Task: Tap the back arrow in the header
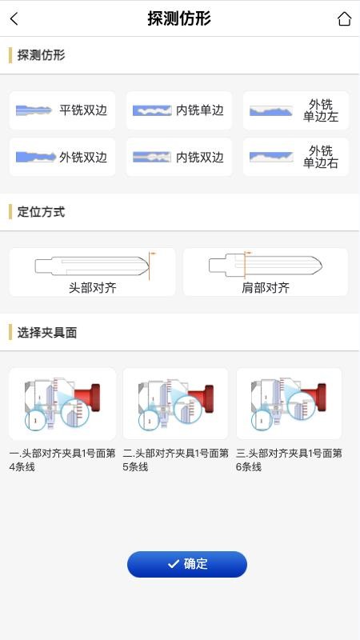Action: point(14,19)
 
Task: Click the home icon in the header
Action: point(344,19)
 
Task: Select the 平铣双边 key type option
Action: point(62,110)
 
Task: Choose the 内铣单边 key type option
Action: point(179,110)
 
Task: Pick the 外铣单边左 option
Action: point(296,110)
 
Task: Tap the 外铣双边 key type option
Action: point(62,157)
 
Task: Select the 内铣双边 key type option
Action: point(179,157)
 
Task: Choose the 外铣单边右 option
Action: point(296,157)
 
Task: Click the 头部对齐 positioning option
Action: point(92,272)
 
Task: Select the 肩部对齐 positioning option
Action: point(266,272)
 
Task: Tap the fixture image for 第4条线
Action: point(62,403)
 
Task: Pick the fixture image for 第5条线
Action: point(176,403)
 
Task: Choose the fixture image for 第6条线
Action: point(289,403)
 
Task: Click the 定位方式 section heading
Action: point(41,212)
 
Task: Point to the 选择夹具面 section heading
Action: point(47,332)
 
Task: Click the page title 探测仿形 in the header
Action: point(179,18)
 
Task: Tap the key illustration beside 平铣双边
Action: point(34,110)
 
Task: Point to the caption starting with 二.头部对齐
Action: point(176,459)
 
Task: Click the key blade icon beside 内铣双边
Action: point(151,157)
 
